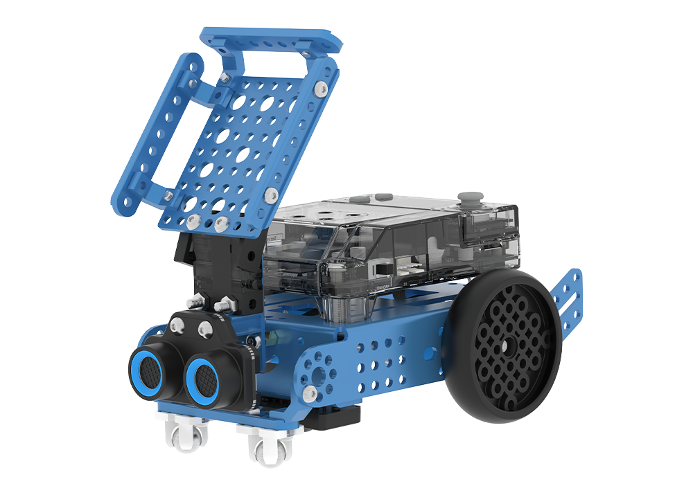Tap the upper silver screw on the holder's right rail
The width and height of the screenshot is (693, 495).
[x=319, y=89]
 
